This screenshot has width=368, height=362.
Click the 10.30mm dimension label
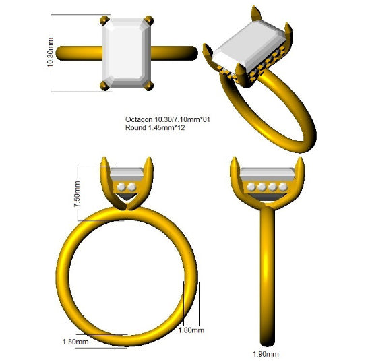point(50,52)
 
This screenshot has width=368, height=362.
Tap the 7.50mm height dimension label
point(77,193)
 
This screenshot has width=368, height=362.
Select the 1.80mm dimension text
point(191,330)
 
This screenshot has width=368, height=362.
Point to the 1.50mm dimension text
point(75,342)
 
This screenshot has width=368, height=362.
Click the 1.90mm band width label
point(266,354)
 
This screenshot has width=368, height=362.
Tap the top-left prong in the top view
point(104,20)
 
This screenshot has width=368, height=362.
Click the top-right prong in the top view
point(149,20)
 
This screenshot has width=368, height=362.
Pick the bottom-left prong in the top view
point(104,86)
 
